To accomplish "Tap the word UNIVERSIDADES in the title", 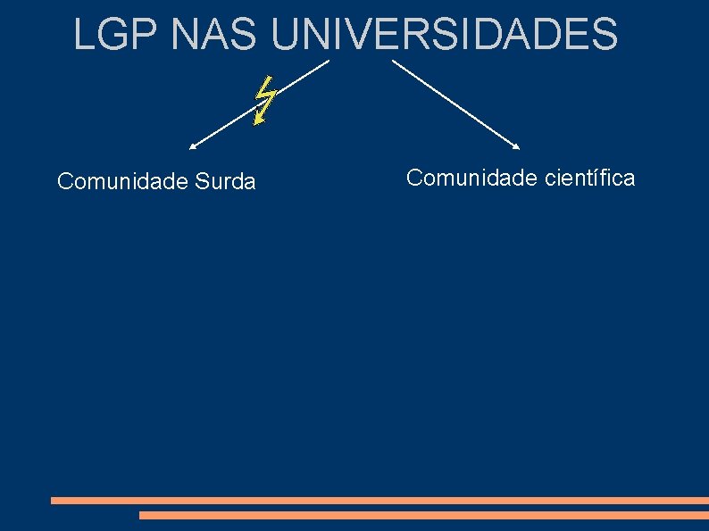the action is tap(443, 35).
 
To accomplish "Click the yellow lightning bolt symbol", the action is tap(264, 100).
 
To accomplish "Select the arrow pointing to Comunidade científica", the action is tap(455, 104).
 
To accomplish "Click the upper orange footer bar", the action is tap(380, 501).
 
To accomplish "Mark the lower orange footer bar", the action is tap(423, 515).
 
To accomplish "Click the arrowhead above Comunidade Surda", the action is tap(192, 145).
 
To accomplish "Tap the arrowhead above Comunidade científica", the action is tap(516, 145).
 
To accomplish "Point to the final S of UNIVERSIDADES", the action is tap(605, 35).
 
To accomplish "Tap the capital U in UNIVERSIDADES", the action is tap(284, 35).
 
